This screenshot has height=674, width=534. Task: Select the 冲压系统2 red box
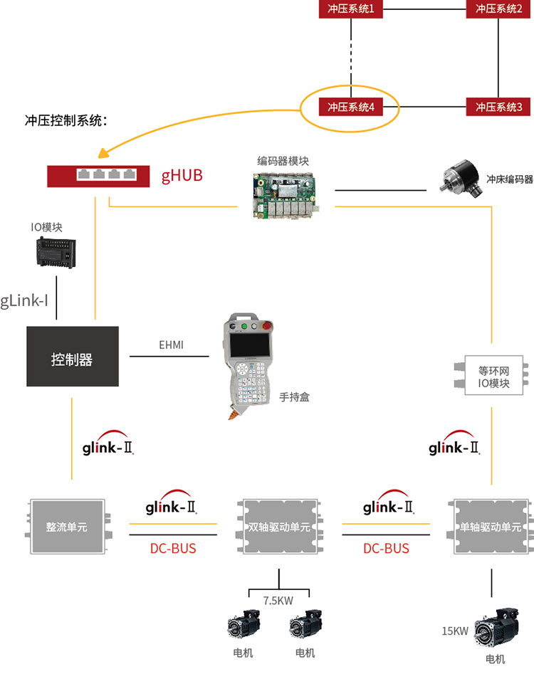tap(499, 9)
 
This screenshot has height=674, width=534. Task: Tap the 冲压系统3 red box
tap(499, 107)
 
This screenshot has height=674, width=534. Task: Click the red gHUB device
tap(98, 175)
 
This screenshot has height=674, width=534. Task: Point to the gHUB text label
tap(182, 175)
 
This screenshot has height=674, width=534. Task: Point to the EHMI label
tap(171, 345)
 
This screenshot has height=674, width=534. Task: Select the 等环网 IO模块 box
tap(493, 375)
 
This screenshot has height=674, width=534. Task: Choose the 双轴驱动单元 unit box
tap(278, 527)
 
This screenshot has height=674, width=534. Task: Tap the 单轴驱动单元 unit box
tap(491, 527)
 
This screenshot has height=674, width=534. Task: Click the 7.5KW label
tap(278, 601)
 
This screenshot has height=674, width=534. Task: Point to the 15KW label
tap(455, 631)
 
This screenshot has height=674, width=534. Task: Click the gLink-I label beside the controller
tap(24, 300)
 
